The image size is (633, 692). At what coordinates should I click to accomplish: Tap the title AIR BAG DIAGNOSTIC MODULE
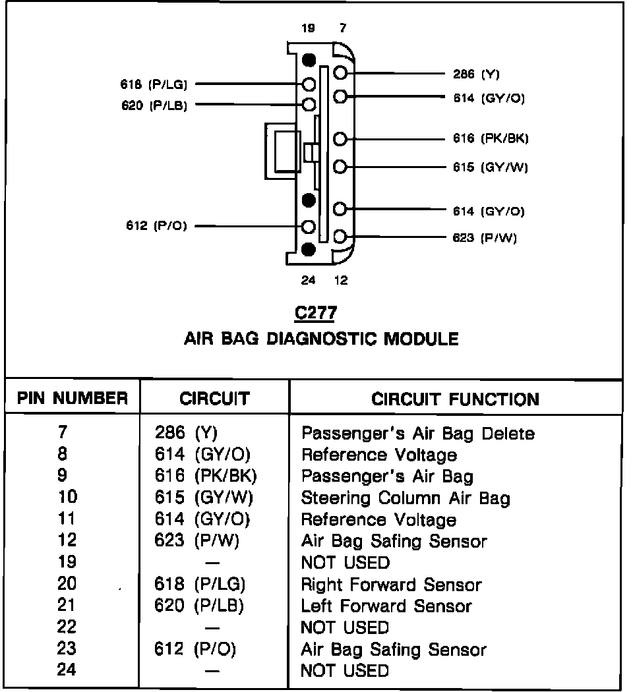[x=321, y=339]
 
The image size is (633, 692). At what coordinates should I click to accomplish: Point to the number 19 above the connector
[x=308, y=28]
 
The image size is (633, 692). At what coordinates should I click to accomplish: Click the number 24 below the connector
[x=308, y=280]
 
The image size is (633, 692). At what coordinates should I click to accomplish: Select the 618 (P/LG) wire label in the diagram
[x=154, y=84]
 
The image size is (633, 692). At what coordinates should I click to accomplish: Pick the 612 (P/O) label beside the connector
[x=156, y=226]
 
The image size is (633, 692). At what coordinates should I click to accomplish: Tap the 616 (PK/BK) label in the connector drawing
[x=491, y=138]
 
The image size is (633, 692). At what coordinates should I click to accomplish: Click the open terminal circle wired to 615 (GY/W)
[x=340, y=167]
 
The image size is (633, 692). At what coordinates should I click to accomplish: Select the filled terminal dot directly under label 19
[x=308, y=60]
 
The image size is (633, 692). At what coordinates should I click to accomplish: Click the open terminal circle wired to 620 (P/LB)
[x=308, y=104]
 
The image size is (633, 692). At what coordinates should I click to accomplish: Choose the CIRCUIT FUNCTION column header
[x=455, y=399]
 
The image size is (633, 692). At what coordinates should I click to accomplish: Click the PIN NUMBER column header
[x=73, y=398]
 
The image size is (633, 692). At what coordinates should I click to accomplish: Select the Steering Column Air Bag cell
[x=406, y=498]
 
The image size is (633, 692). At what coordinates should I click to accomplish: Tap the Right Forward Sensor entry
[x=391, y=585]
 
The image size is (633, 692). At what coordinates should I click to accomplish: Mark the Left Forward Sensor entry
[x=386, y=606]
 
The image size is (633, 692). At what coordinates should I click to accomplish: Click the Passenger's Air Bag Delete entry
[x=417, y=434]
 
